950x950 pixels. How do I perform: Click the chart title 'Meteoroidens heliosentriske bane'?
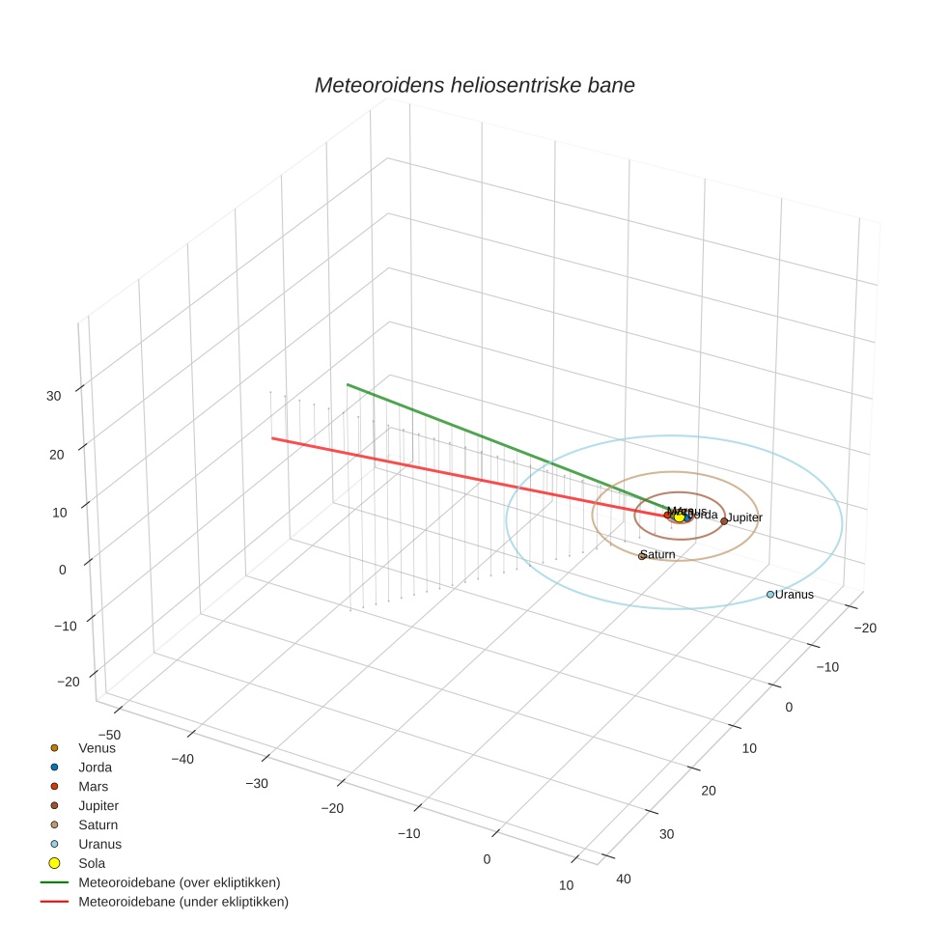[474, 85]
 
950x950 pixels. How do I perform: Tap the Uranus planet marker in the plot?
[769, 595]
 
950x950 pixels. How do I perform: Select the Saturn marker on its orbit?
[641, 556]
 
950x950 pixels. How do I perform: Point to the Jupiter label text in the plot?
[744, 518]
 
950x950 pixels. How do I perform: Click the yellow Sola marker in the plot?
[679, 517]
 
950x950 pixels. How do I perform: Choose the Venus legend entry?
[97, 747]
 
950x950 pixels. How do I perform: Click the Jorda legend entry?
[95, 768]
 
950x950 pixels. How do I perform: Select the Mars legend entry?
[94, 787]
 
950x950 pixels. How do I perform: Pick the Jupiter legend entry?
[98, 805]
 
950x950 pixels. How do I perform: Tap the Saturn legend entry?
[98, 824]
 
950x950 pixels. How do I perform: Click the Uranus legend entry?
[99, 844]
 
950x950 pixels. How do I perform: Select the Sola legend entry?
[92, 863]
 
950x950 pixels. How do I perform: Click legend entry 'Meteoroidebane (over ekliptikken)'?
[179, 882]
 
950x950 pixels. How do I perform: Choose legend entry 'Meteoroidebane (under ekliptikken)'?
[182, 902]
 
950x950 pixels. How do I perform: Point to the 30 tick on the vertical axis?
[54, 395]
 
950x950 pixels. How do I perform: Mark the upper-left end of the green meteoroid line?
[348, 384]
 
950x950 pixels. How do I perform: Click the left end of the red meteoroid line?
[272, 438]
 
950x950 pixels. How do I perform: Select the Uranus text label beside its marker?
[795, 595]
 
